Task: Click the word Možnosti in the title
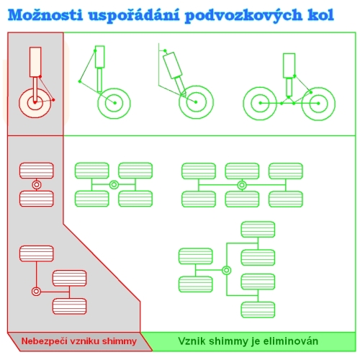[x=45, y=15]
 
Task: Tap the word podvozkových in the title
[x=243, y=16]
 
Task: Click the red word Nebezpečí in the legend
[x=44, y=341]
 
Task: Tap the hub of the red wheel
[x=35, y=102]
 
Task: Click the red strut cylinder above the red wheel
[x=35, y=62]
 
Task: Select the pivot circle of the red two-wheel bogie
[x=37, y=185]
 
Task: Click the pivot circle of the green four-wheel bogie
[x=114, y=185]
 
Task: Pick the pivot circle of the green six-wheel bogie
[x=242, y=185]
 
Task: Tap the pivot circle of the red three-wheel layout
[x=36, y=292]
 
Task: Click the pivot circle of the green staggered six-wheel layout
[x=226, y=270]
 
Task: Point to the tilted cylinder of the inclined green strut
[x=172, y=66]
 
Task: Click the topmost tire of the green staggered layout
[x=258, y=230]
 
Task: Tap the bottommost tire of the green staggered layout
[x=258, y=310]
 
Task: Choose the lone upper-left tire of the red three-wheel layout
[x=37, y=253]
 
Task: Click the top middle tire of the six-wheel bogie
[x=242, y=171]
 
